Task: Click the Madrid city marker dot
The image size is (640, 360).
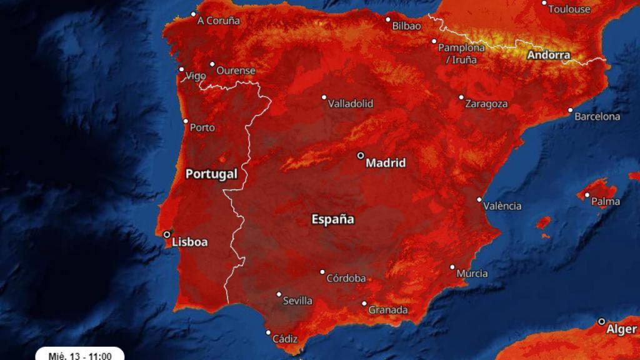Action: coord(361,155)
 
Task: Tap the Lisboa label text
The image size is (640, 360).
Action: coord(189,242)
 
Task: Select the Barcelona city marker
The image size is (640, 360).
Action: coord(570,110)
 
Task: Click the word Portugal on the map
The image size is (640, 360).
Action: coord(211,174)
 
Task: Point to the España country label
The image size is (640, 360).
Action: coord(332,219)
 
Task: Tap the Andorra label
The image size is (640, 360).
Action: coord(549,55)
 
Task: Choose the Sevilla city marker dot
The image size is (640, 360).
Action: coord(279,294)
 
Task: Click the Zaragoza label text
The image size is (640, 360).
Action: coord(486,104)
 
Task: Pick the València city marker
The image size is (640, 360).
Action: coord(479,199)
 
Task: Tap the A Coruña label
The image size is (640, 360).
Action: coord(218,21)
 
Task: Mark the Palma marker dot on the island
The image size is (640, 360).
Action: coord(587,194)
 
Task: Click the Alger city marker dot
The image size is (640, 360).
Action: coord(602,321)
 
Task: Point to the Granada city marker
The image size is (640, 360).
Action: coord(364,304)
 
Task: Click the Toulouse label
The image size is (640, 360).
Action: coord(569,9)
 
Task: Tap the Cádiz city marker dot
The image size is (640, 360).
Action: coord(268,332)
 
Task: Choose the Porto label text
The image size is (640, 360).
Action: coord(202,127)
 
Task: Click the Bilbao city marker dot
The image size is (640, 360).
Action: coord(387,19)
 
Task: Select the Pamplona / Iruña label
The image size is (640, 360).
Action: coord(461,54)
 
